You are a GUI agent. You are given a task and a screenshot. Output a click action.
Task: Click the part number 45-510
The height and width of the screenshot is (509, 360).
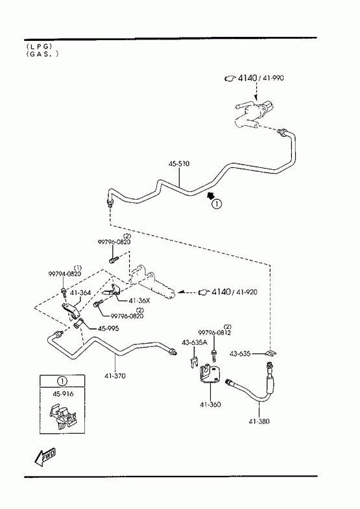178,163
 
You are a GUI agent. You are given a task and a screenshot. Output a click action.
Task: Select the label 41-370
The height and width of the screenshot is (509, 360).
115,376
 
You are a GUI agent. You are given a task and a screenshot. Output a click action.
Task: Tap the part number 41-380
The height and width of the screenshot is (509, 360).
259,421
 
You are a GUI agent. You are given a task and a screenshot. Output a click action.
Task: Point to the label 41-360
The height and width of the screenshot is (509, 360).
210,405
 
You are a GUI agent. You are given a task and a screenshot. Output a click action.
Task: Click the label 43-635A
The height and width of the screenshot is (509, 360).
194,342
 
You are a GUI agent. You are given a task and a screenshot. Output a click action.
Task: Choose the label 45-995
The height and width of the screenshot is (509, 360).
108,329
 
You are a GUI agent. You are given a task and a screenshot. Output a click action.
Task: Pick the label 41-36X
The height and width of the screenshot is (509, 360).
139,301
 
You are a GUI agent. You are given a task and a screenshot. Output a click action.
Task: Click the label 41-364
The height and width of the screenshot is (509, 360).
80,293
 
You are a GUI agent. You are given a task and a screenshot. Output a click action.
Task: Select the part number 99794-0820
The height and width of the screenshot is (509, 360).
65,274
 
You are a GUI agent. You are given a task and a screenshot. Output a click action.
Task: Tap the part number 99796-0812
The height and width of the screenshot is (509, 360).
214,333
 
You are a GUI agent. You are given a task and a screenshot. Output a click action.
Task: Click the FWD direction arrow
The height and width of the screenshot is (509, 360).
45,456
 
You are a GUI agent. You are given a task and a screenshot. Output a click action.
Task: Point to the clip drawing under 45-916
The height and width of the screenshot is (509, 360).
63,416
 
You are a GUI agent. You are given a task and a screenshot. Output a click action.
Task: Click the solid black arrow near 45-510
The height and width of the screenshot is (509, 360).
211,195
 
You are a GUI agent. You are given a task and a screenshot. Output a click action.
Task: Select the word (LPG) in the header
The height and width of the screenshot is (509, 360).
40,47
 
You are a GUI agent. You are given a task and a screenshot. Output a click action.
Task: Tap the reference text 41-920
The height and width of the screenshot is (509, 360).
246,292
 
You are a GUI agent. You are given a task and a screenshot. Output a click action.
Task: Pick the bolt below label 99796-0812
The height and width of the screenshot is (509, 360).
214,355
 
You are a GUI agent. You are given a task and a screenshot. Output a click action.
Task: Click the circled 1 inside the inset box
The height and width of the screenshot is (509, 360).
62,381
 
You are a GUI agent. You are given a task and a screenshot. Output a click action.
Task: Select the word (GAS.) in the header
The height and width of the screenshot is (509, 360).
43,54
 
